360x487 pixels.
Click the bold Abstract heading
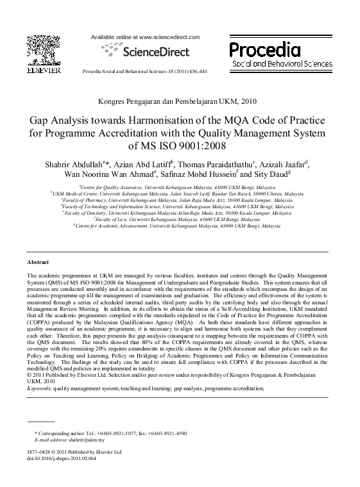tap(39, 263)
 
